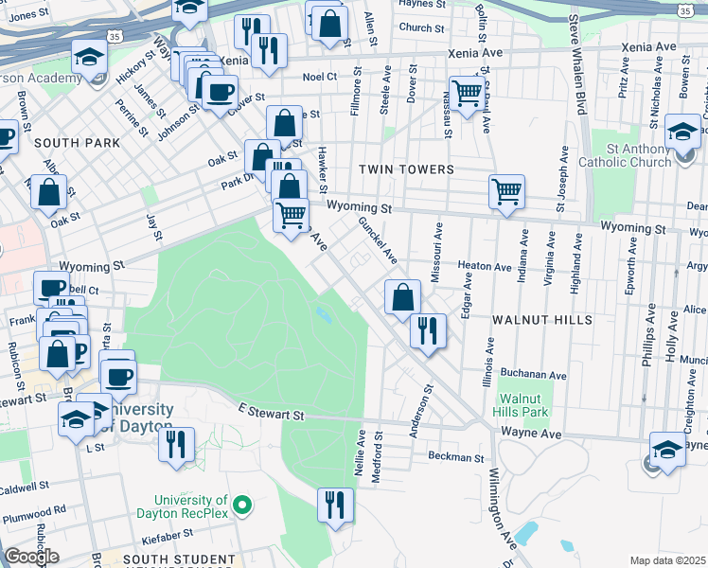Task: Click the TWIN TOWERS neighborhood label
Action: [406, 169]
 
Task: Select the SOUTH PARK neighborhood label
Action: [77, 143]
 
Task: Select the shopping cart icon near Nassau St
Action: [467, 94]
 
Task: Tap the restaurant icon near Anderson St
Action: [428, 330]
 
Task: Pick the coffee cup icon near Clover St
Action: [220, 92]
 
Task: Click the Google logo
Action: [31, 557]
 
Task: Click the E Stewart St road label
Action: [271, 415]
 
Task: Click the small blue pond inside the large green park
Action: [326, 314]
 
